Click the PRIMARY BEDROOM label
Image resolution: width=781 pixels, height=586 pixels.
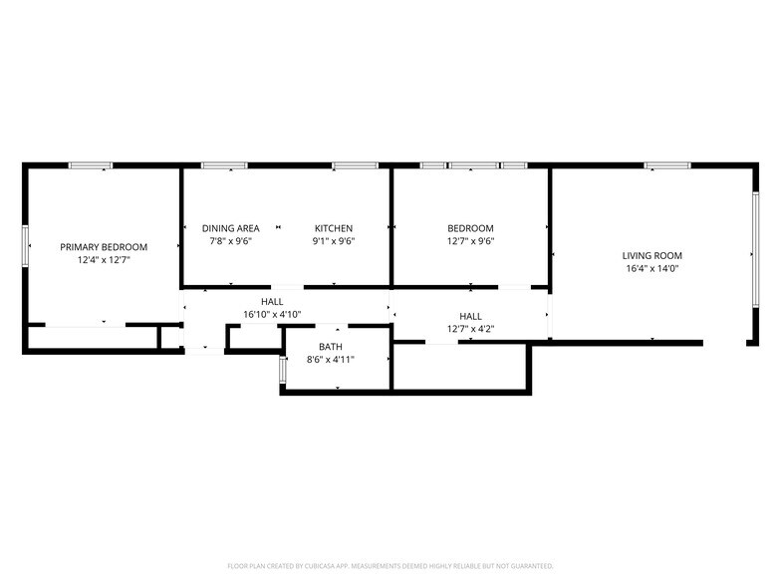point(104,247)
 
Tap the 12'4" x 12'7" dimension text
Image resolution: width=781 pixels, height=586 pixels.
point(104,259)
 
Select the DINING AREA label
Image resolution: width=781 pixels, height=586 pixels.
point(230,228)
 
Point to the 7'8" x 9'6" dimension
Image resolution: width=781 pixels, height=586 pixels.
point(230,240)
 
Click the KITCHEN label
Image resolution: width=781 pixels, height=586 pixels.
point(334,228)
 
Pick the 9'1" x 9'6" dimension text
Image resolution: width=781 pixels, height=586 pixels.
point(334,240)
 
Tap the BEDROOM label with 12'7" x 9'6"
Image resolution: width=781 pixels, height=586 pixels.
point(470,228)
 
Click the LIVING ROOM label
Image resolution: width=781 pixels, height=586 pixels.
point(652,256)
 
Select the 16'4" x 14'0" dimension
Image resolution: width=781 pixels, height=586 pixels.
point(652,268)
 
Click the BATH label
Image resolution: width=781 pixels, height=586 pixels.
point(331,347)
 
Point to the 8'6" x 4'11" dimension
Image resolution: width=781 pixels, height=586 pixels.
point(331,359)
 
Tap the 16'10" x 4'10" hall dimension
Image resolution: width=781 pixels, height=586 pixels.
point(272,314)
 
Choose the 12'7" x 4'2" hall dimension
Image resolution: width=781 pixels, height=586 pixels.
point(470,328)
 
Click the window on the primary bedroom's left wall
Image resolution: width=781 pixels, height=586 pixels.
point(25,245)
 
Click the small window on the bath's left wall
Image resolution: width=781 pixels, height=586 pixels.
point(282,370)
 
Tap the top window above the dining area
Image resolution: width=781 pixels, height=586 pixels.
point(224,165)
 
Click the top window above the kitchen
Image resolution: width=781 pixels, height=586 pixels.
point(355,165)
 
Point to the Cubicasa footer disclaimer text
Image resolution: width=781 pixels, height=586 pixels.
point(390,565)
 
